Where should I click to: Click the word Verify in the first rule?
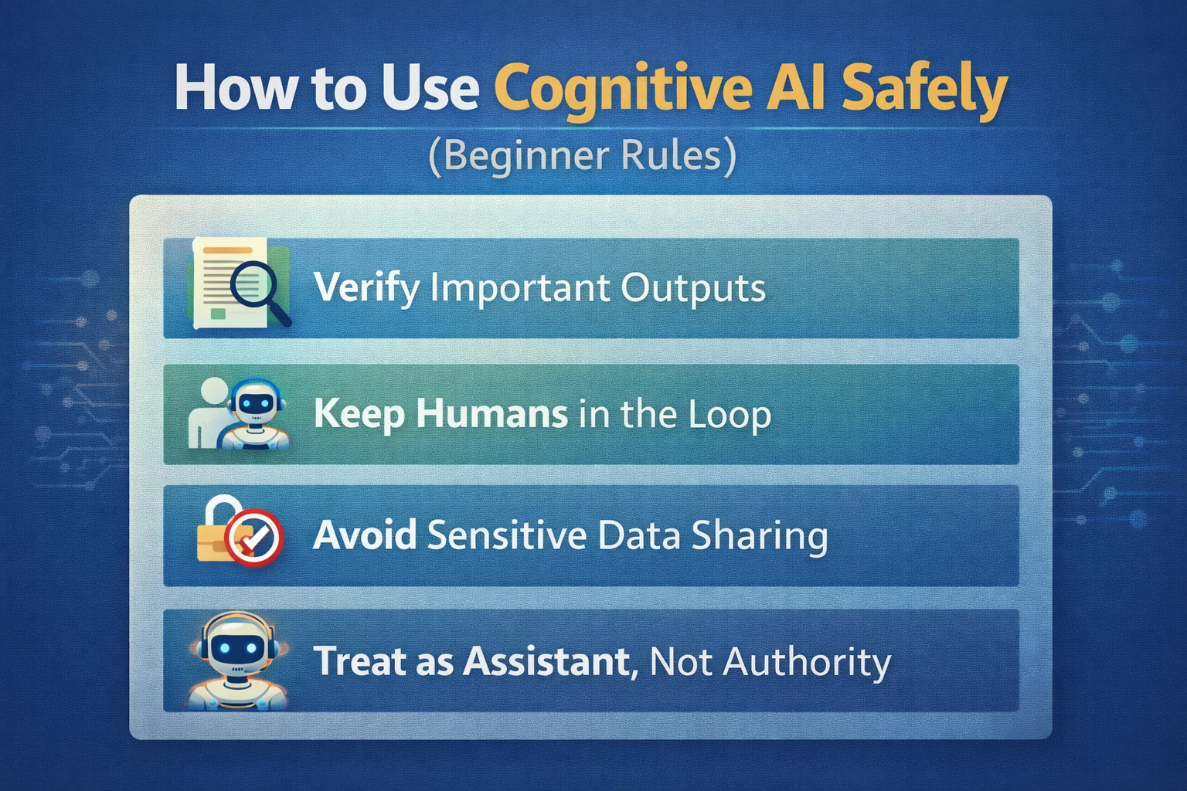click(367, 288)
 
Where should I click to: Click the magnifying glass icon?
click(258, 288)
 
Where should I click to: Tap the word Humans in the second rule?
click(491, 415)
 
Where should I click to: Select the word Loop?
click(730, 415)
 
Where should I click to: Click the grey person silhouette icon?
click(206, 413)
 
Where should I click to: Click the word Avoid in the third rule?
click(365, 535)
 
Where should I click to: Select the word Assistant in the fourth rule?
click(550, 662)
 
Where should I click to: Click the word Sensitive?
click(507, 535)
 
